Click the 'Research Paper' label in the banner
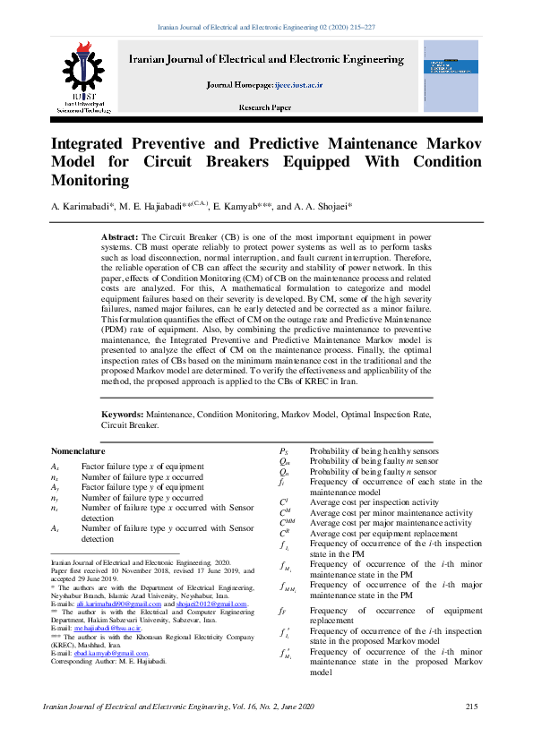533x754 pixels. [264, 107]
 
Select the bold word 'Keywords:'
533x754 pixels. [122, 415]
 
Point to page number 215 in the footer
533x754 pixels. [472, 707]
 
